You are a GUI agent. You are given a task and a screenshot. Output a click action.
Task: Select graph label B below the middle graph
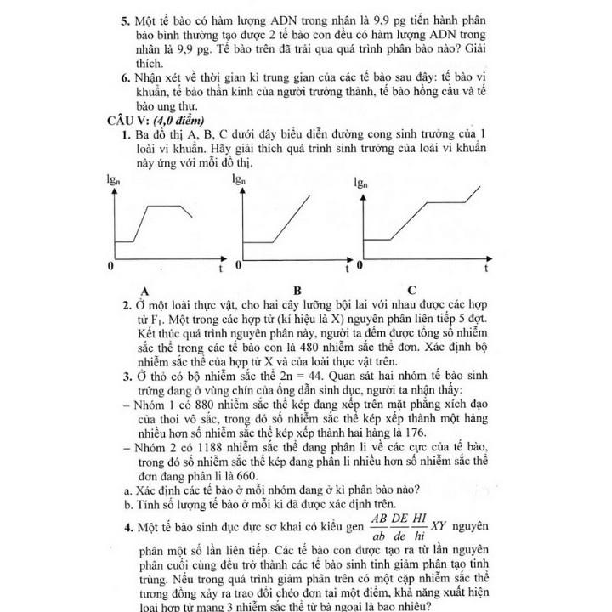[298, 290]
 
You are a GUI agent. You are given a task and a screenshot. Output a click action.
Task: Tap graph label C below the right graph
[411, 290]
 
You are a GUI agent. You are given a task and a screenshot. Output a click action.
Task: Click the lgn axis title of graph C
[360, 182]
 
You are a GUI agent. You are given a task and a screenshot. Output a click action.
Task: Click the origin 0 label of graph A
[110, 267]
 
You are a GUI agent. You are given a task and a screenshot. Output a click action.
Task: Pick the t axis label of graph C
[486, 269]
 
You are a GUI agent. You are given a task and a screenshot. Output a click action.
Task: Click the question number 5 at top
[124, 20]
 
